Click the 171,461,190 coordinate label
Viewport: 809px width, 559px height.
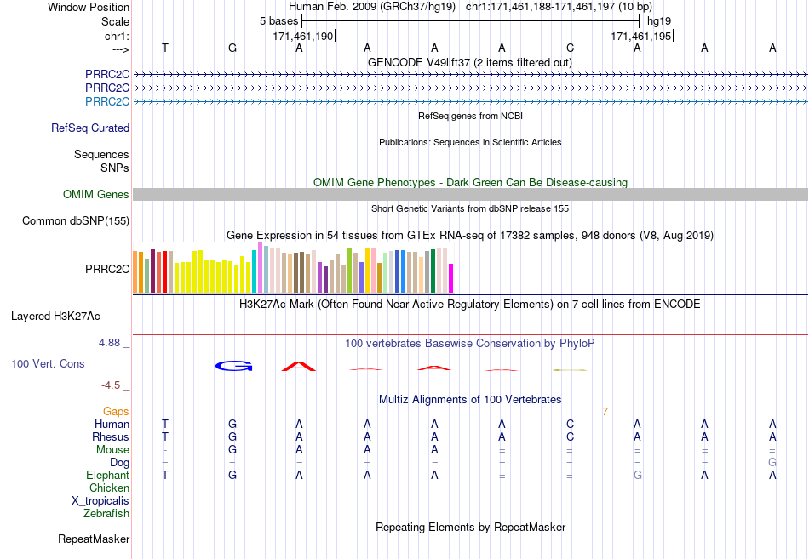point(303,36)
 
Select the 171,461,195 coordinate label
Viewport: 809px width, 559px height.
point(640,36)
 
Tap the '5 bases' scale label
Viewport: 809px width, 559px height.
point(278,21)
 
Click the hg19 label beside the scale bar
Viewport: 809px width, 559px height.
point(659,21)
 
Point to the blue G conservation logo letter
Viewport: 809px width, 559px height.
point(233,366)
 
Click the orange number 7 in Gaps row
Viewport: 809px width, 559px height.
point(605,412)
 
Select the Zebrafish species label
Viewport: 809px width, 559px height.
point(106,514)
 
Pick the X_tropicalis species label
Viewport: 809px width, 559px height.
point(100,501)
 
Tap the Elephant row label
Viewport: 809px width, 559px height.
point(107,476)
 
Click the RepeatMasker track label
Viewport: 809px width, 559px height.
point(94,539)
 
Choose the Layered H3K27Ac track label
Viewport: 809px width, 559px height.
point(55,317)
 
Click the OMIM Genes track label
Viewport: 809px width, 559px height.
point(96,194)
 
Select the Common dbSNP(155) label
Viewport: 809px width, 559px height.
point(76,220)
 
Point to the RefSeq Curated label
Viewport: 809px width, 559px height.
point(90,128)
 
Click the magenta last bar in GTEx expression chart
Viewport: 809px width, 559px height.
point(451,278)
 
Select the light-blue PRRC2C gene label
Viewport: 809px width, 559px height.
point(107,101)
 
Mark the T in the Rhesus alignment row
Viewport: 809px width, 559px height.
point(165,436)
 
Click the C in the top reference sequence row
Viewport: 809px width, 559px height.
point(570,48)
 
